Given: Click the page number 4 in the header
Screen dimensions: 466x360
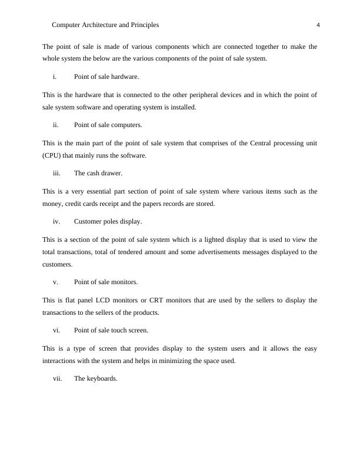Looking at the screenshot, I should [x=318, y=25].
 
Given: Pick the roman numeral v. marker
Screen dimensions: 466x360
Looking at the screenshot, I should [x=55, y=282].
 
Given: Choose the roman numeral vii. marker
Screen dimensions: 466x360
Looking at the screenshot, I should [x=57, y=379].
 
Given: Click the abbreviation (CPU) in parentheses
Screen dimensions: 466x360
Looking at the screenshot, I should [x=52, y=155].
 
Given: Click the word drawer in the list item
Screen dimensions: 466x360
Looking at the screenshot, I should [x=111, y=173].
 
